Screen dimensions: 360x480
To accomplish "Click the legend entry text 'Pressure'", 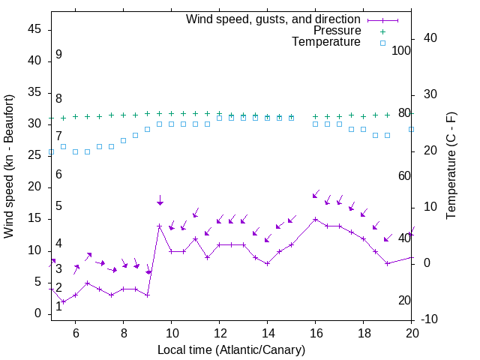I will (x=337, y=31).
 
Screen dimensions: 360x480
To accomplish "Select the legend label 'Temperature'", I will (x=326, y=42).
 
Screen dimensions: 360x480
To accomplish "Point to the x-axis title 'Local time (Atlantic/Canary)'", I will (x=231, y=349).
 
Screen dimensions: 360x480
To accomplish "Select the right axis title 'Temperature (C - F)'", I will (x=451, y=166).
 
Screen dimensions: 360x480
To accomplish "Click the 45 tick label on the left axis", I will (x=34, y=29).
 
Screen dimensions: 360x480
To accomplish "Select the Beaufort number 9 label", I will (x=58, y=55).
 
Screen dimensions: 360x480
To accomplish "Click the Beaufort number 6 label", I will (x=58, y=175).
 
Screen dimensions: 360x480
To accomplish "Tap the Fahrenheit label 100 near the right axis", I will (x=401, y=50).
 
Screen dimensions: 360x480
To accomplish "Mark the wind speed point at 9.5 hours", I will (x=159, y=226).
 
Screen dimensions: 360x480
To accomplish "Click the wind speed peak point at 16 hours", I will (x=315, y=220).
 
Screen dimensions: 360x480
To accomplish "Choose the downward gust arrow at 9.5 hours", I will (x=160, y=200).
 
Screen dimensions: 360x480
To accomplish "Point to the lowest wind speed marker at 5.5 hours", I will (x=64, y=301).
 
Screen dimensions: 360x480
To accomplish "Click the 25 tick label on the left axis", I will (x=34, y=155).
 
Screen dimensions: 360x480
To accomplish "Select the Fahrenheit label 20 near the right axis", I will (x=404, y=301).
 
